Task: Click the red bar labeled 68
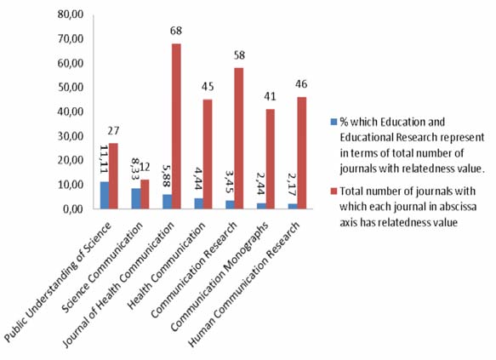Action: coord(176,126)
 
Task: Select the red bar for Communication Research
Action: coord(239,138)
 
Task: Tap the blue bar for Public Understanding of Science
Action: coord(105,195)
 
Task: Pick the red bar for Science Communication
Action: coord(145,194)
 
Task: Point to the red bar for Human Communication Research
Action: coord(302,153)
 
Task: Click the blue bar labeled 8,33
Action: coord(136,198)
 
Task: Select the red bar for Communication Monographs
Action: coord(271,159)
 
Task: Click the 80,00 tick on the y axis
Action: coord(71,14)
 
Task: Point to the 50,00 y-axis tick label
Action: coord(71,88)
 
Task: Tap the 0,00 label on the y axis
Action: coord(73,209)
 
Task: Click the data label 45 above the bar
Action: coord(208,86)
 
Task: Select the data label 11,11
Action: coord(104,159)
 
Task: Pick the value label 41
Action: coord(270,96)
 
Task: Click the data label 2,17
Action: coord(292,185)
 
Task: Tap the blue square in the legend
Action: coord(334,122)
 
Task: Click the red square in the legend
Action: coord(334,191)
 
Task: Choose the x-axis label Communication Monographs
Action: coord(219,277)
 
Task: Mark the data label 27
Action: coord(113,131)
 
